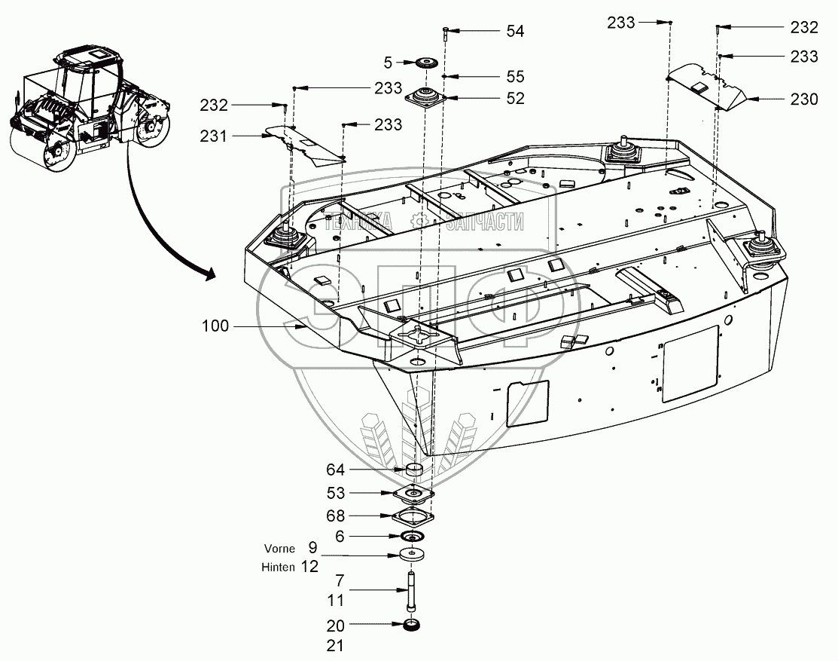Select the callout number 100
click(x=216, y=326)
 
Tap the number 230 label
click(x=803, y=99)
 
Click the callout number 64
click(x=335, y=470)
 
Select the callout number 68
click(x=335, y=516)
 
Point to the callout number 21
click(x=335, y=645)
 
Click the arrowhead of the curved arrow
click(x=209, y=274)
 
